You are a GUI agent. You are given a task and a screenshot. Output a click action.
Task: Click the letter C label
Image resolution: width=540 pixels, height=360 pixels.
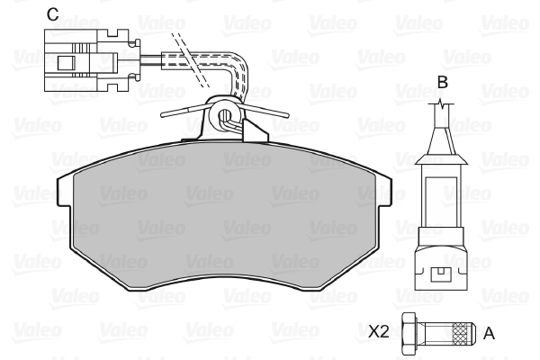53,14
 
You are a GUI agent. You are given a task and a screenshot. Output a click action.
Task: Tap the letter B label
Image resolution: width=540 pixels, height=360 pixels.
442,82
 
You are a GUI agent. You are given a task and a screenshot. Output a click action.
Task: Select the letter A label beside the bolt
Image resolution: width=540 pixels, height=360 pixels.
489,334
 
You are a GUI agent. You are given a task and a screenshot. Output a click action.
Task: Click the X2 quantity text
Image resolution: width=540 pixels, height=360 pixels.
379,331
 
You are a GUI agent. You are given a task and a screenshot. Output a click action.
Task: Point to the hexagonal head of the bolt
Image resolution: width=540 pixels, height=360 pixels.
409,333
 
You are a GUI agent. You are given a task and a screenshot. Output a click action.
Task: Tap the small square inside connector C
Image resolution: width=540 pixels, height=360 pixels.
66,62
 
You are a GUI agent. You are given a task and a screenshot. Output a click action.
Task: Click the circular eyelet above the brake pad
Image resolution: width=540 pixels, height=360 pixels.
224,114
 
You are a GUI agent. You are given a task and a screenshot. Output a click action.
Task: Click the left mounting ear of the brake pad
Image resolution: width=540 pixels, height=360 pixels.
65,191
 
